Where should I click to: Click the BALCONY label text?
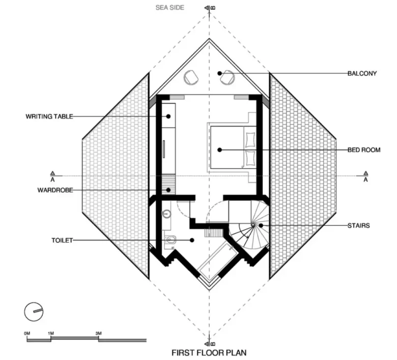[x=362, y=73]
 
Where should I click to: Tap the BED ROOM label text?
[x=364, y=150]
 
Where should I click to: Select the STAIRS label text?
[x=358, y=225]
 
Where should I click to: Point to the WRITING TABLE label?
[x=49, y=116]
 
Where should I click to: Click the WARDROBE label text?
[x=55, y=190]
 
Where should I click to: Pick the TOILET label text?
[x=62, y=240]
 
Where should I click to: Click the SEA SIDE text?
[x=170, y=8]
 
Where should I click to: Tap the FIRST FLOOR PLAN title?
[x=209, y=352]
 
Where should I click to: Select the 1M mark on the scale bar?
[x=51, y=333]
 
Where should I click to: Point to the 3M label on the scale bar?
[x=99, y=333]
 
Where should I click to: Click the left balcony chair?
[x=191, y=77]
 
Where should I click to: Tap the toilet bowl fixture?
[x=171, y=239]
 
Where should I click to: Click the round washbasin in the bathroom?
[x=166, y=214]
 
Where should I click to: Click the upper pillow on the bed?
[x=250, y=140]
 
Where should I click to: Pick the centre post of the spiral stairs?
[x=252, y=225]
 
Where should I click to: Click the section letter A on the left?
[x=52, y=179]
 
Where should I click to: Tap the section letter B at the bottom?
[x=213, y=344]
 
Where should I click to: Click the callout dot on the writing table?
[x=168, y=116]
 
